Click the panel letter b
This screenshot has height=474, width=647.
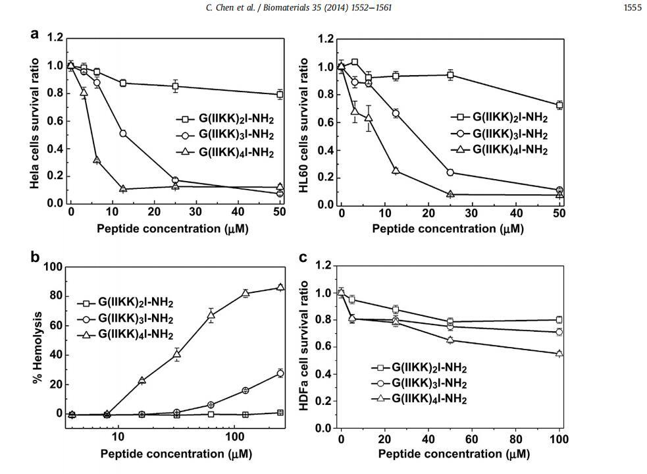point(35,257)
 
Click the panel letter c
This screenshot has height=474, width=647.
point(303,257)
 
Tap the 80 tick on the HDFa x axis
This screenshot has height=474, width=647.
point(515,439)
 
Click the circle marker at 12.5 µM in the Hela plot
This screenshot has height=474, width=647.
point(123,134)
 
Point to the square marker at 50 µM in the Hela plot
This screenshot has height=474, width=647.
point(280,95)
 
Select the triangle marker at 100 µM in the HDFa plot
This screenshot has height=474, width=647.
point(559,354)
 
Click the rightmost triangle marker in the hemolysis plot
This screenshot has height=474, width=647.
point(280,287)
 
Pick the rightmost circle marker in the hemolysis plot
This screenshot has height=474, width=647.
point(280,373)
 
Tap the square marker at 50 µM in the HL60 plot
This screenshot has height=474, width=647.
point(559,105)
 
